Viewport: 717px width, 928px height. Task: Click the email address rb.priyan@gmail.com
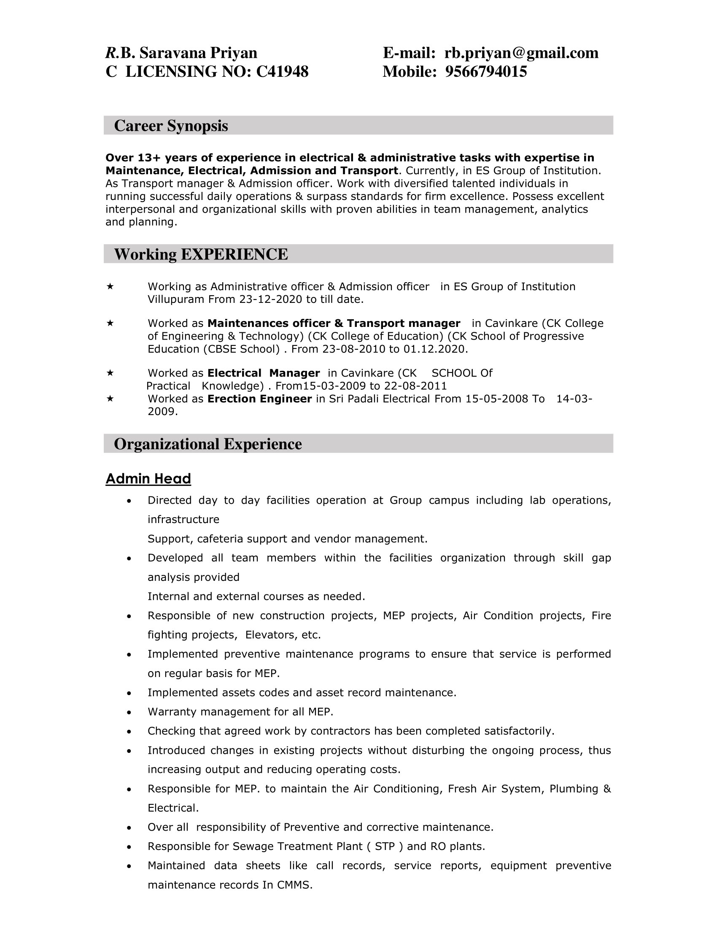coord(521,53)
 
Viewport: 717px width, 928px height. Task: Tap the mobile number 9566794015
coord(486,72)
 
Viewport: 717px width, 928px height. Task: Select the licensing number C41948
coord(283,72)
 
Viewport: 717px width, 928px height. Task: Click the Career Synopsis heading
coord(171,126)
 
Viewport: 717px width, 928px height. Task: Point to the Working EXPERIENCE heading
coord(201,254)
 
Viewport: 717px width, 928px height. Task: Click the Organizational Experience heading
coord(208,444)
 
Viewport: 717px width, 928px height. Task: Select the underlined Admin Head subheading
coord(148,479)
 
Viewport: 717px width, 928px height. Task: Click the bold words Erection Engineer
coord(259,399)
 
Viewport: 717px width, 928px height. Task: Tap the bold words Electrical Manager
coord(263,373)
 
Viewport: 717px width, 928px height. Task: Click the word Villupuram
coord(176,299)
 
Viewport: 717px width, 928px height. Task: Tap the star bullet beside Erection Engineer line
coord(110,399)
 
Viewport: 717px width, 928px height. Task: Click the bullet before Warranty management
coord(129,712)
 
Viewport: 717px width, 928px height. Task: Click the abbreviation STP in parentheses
coord(385,847)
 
